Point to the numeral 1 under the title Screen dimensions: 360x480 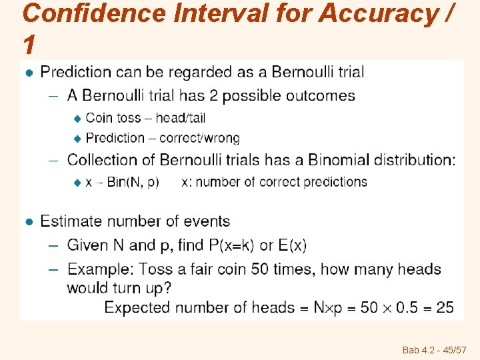point(28,45)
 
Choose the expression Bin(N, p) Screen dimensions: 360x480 point(133,182)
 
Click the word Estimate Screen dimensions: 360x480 point(71,221)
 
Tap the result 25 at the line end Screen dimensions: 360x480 point(445,307)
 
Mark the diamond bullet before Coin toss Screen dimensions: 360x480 point(77,119)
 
